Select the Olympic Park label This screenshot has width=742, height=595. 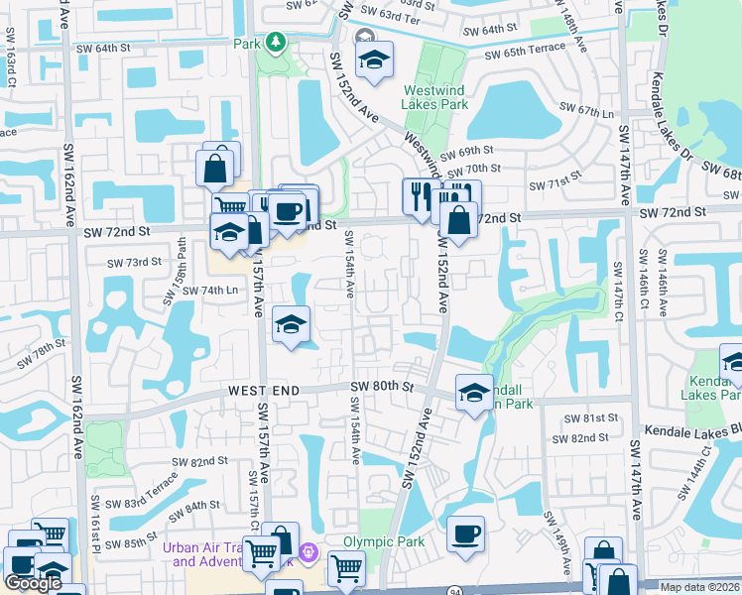pos(384,541)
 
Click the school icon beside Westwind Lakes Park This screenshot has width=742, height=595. pos(373,59)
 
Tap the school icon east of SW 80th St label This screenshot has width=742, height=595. pos(474,392)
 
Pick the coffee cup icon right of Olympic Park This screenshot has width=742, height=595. pos(465,535)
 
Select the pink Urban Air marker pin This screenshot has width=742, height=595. pos(309,551)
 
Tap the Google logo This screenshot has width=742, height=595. pos(33,583)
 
